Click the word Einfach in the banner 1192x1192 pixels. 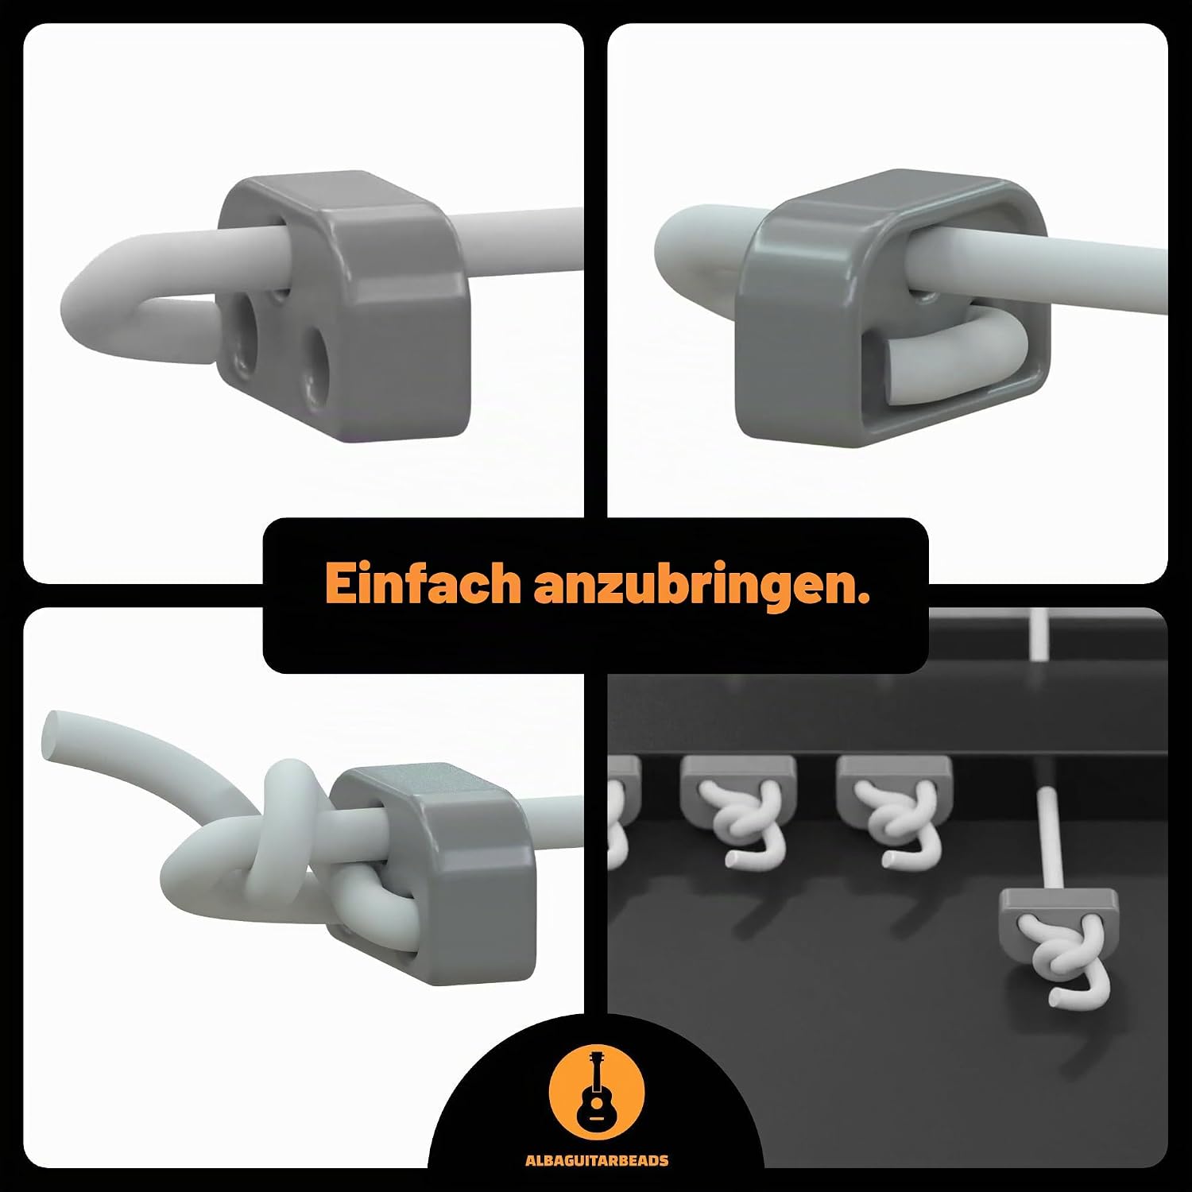[422, 583]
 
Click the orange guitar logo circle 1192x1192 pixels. [597, 1098]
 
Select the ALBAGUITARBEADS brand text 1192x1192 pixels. [597, 1161]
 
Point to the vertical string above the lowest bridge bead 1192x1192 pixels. [1049, 839]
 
